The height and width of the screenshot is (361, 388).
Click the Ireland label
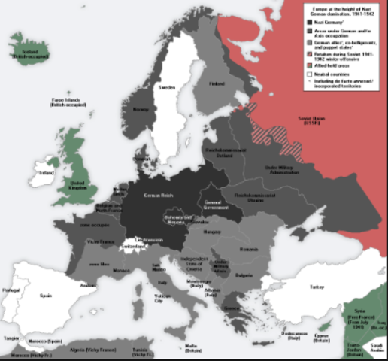46,172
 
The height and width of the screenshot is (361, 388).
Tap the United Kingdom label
77,184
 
